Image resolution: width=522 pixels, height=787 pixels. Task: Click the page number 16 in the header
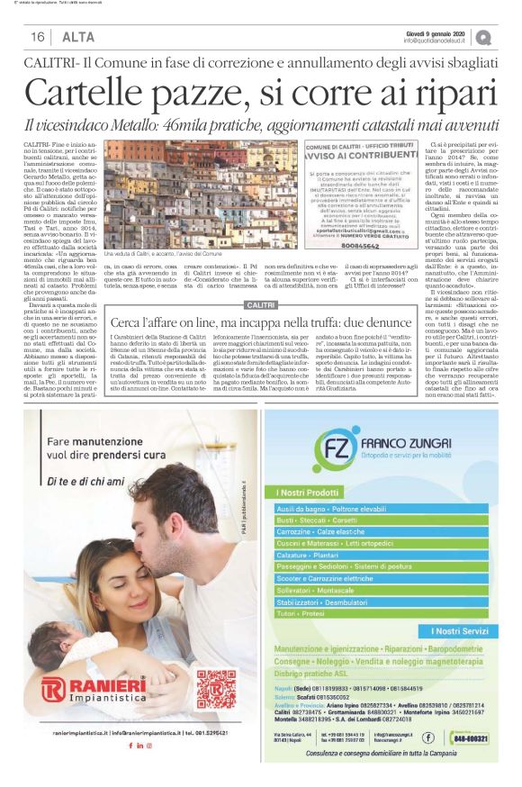[x=38, y=37]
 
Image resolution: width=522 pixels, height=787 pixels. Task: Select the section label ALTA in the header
[x=76, y=37]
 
